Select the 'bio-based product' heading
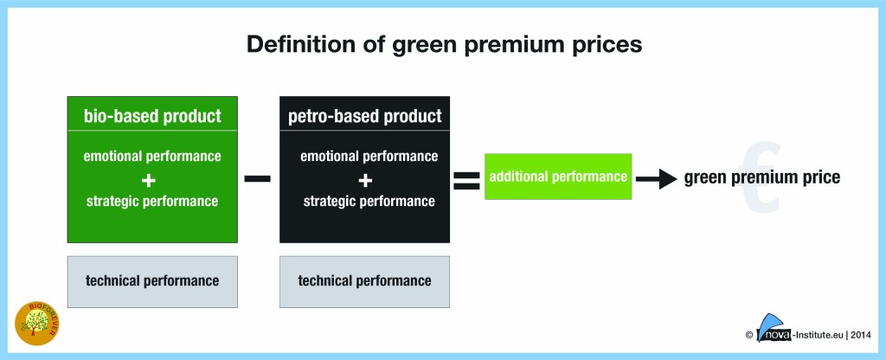(x=152, y=115)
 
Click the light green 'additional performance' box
(x=558, y=177)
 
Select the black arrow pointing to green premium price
(x=657, y=177)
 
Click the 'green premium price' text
(x=761, y=177)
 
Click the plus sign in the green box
(x=152, y=179)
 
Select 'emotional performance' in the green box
(x=152, y=157)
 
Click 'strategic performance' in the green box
(x=152, y=202)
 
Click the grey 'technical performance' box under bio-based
(x=152, y=280)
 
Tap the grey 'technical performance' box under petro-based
(x=364, y=280)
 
